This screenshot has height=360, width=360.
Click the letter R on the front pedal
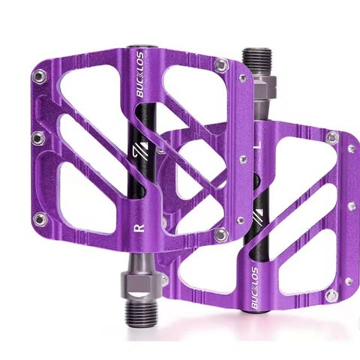(139, 228)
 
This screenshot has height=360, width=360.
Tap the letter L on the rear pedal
(257, 145)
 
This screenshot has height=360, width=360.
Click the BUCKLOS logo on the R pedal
(140, 74)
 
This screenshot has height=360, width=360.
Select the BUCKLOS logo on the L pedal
(254, 288)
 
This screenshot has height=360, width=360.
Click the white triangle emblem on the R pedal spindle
(140, 152)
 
